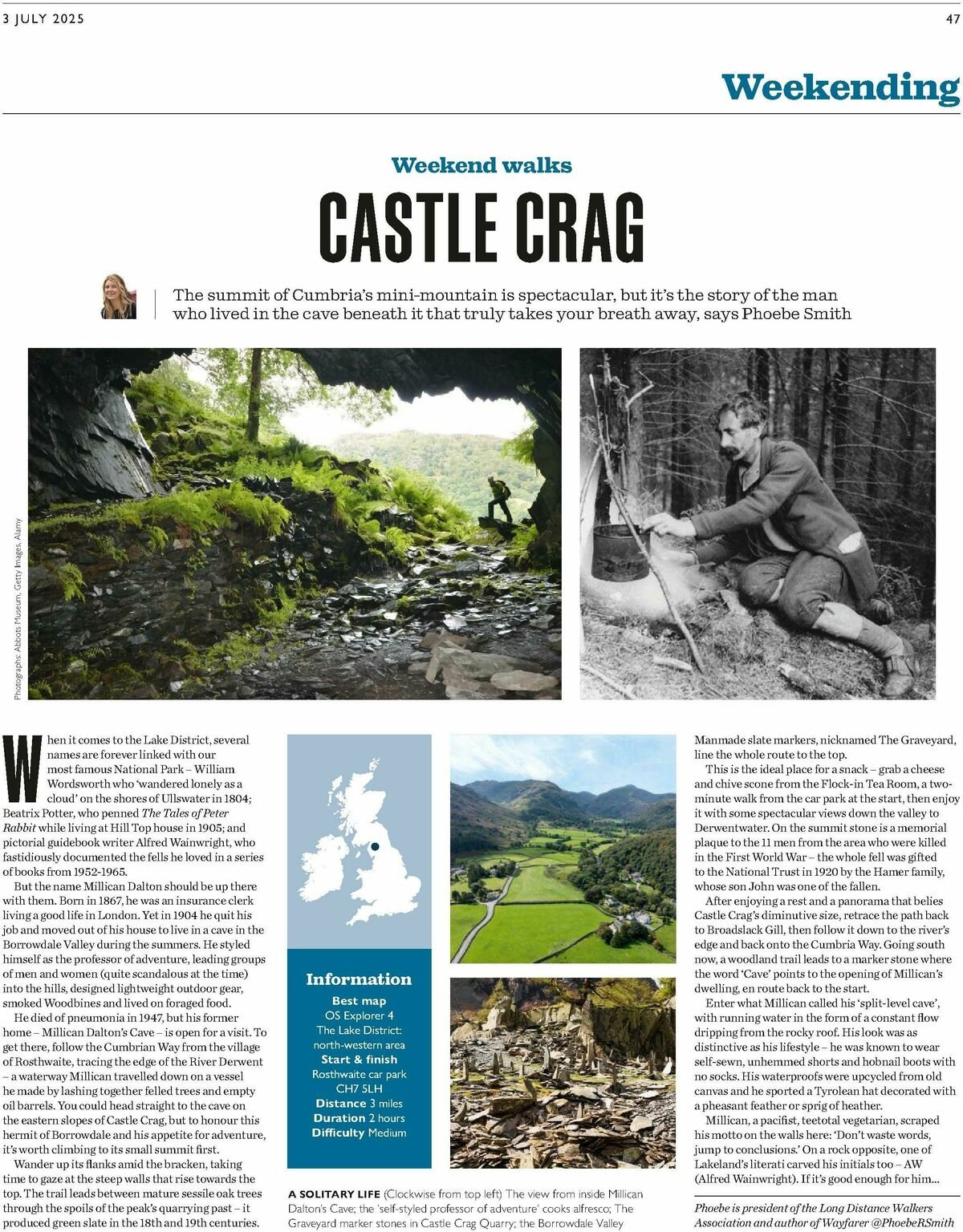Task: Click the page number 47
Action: pyautogui.click(x=952, y=19)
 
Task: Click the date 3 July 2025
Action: pyautogui.click(x=44, y=19)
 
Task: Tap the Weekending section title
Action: pyautogui.click(x=840, y=87)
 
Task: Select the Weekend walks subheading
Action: pyautogui.click(x=481, y=165)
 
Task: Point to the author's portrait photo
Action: pyautogui.click(x=118, y=297)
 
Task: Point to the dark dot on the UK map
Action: pyautogui.click(x=374, y=845)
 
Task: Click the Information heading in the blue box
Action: pyautogui.click(x=359, y=979)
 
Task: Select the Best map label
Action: pyautogui.click(x=359, y=1001)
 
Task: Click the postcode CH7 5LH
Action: pyautogui.click(x=359, y=1088)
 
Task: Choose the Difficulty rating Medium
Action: pyautogui.click(x=387, y=1133)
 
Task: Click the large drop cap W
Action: pyautogui.click(x=22, y=769)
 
